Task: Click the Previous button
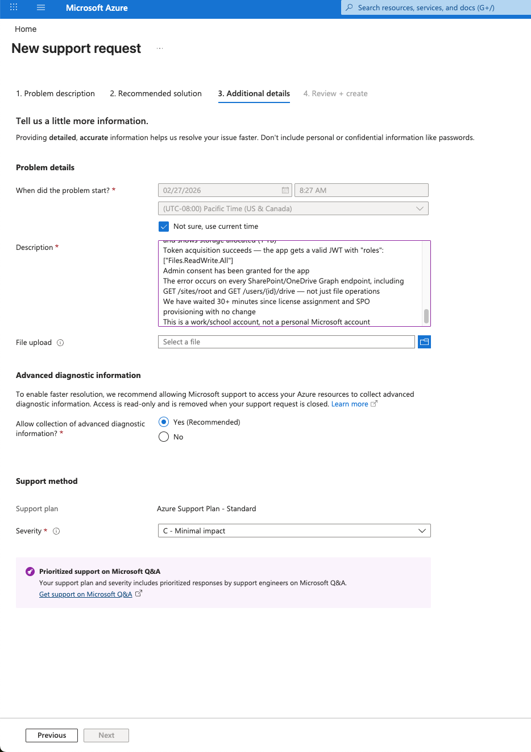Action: tap(52, 735)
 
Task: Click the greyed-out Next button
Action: tap(106, 735)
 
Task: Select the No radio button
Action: tap(164, 437)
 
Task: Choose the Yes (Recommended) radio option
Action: tap(164, 422)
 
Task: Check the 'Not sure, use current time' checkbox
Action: tap(164, 227)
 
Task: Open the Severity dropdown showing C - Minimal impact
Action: tap(294, 531)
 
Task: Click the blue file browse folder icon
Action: tap(424, 342)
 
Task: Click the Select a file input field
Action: tap(286, 342)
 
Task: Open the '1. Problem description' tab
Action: tap(55, 94)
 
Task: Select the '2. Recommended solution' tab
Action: tap(155, 94)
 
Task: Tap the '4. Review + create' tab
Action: tap(335, 94)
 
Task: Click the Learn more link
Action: tap(350, 404)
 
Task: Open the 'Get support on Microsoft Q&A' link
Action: tap(86, 594)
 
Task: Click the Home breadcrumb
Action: tap(26, 29)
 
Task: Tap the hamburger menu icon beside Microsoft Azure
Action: tap(41, 8)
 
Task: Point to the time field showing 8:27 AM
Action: tap(361, 191)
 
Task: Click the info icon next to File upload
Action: tap(60, 343)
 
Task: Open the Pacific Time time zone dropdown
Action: tap(293, 209)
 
